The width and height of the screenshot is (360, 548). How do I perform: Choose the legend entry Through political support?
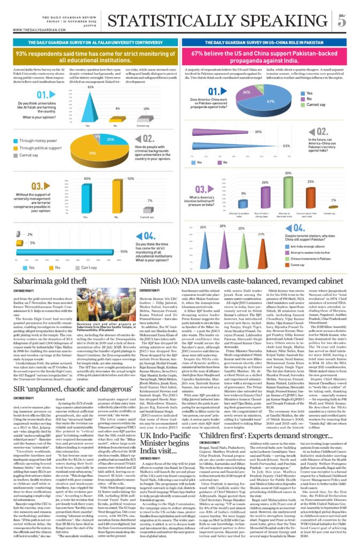click(39, 147)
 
